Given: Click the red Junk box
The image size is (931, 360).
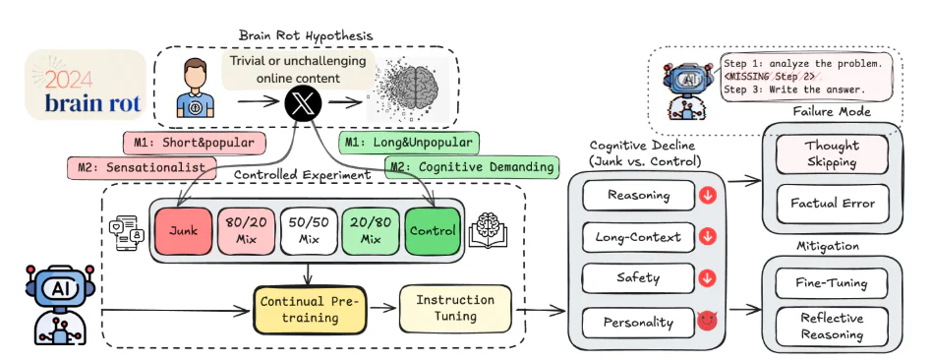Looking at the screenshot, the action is pos(183,231).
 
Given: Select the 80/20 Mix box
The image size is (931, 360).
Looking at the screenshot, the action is pos(245,231).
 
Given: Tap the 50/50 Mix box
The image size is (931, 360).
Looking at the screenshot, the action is pos(308,231).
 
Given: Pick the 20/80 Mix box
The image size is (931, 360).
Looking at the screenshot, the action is pos(371,231).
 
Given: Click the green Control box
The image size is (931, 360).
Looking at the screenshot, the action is pos(433,231).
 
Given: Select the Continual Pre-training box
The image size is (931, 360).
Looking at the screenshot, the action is pos(311,310).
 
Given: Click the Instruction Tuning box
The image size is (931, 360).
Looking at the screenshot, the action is pos(455,308).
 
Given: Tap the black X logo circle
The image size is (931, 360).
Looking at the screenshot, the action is pos(303,104).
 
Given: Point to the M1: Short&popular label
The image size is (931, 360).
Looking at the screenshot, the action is pos(194,144).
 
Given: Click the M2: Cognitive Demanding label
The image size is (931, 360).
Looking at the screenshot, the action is pos(472,167).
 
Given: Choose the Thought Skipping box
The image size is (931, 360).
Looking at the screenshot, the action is pos(832,153).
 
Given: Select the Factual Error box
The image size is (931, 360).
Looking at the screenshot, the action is pos(832,204).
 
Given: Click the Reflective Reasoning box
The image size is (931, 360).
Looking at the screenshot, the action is pos(832,326).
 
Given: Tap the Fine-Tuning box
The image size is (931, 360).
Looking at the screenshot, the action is pos(832,283).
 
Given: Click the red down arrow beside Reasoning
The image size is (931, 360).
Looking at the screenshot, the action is pos(707,196).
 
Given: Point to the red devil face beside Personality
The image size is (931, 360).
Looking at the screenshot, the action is pos(707,321).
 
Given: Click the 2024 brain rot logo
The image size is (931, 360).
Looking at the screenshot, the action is pos(85,85).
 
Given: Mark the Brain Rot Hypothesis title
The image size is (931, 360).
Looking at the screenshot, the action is pos(306,35).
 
